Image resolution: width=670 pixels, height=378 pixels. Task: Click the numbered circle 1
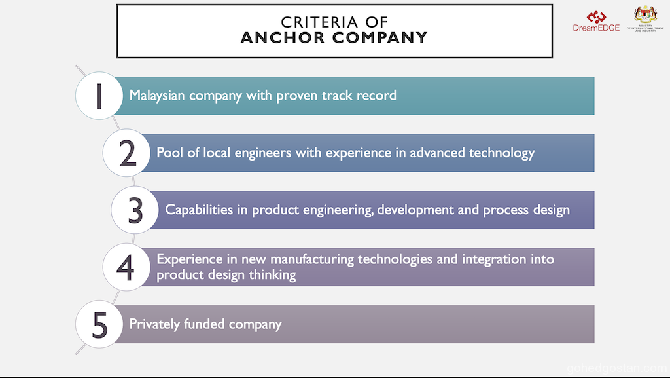tap(99, 96)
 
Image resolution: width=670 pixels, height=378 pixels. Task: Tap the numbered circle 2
tap(126, 153)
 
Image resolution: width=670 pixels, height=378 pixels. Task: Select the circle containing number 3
tap(135, 210)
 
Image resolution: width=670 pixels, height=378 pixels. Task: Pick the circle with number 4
tap(126, 267)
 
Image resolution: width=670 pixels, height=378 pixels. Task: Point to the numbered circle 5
tap(99, 324)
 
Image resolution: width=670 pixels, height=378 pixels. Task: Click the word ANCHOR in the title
tap(283, 37)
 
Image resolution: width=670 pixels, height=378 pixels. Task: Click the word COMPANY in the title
tap(380, 37)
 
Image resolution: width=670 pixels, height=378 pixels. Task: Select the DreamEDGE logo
tap(596, 22)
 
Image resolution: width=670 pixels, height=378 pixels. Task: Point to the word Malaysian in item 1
tap(157, 96)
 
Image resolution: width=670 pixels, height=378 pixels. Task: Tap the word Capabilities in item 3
tap(199, 210)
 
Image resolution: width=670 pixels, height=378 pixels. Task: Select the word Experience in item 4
tap(190, 259)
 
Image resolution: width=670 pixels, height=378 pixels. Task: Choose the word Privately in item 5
tap(154, 324)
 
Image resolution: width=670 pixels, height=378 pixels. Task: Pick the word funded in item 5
tap(204, 324)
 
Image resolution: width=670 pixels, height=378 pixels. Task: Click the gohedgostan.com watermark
tap(616, 368)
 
